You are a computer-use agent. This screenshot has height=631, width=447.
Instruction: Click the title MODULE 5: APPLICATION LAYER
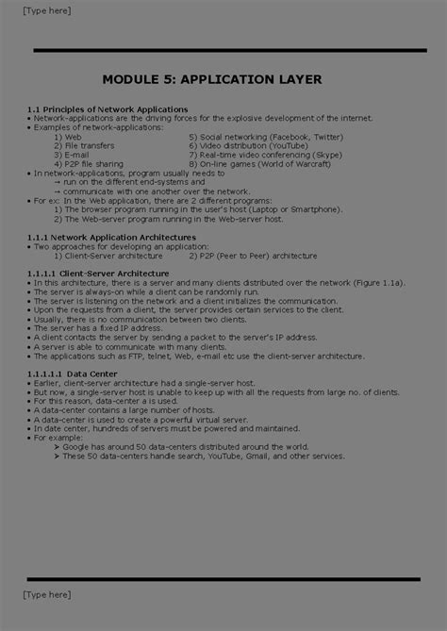pos(224,79)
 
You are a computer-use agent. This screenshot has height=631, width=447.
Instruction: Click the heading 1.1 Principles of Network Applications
pos(108,109)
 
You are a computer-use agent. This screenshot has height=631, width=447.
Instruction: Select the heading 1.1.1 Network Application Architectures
pos(112,238)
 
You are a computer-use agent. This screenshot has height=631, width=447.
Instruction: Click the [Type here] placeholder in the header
pos(46,10)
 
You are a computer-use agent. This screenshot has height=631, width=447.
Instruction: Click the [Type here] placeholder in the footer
pos(46,595)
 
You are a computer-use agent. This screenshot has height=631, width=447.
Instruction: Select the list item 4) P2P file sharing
pos(88,164)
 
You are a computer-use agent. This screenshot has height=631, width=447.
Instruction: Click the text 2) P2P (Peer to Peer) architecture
pos(253,255)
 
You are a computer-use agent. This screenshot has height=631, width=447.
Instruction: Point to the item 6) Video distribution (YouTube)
pos(254,146)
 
